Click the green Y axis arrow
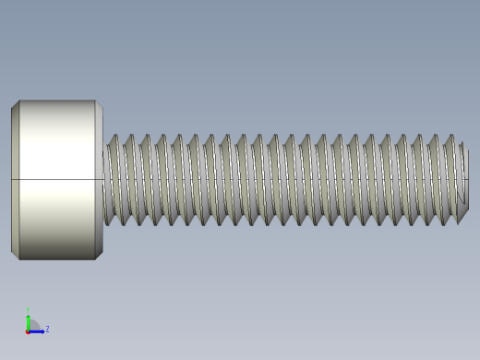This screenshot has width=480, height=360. pyautogui.click(x=29, y=320)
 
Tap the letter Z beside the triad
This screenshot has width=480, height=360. pyautogui.click(x=47, y=329)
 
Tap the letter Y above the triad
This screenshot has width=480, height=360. pyautogui.click(x=28, y=310)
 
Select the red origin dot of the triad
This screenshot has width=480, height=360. pyautogui.click(x=29, y=330)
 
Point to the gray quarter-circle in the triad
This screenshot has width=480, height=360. pyautogui.click(x=32, y=326)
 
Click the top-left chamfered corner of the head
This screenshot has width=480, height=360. pyautogui.click(x=15, y=104)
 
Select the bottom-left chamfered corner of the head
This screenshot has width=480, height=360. pyautogui.click(x=15, y=254)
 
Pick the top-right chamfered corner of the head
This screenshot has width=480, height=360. pyautogui.click(x=99, y=105)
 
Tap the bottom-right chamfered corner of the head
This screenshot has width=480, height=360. pyautogui.click(x=99, y=254)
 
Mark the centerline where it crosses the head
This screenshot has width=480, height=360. pyautogui.click(x=55, y=179)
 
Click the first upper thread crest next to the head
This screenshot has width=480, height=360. pyautogui.click(x=114, y=138)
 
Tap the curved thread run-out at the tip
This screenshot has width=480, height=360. pyautogui.click(x=458, y=208)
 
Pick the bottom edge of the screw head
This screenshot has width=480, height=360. pyautogui.click(x=55, y=258)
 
